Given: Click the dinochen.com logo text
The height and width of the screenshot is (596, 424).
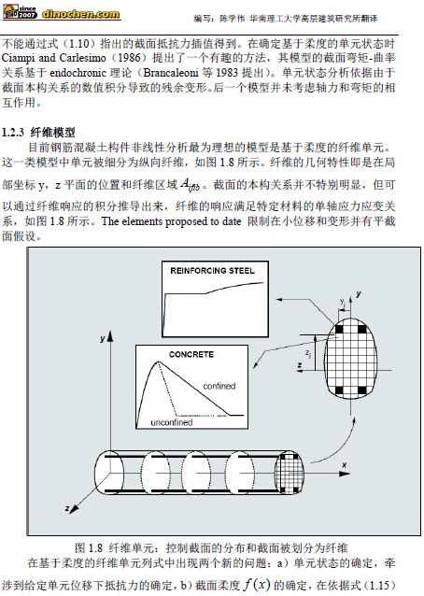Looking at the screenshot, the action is pos(81,14).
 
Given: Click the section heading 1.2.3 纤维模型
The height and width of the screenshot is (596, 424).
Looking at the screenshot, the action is pos(38,133).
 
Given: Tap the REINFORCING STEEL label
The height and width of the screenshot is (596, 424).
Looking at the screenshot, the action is pos(212,271).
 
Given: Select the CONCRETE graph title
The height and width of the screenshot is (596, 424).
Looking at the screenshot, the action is pos(191,354).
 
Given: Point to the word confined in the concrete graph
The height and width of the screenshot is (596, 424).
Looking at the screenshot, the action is pos(219,386).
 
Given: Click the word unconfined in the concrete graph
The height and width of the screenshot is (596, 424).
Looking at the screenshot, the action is pos(171,422).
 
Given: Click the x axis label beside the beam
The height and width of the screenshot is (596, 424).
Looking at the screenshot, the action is pos(345,465).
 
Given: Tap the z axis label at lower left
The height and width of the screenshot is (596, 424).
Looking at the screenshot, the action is pos(67,508).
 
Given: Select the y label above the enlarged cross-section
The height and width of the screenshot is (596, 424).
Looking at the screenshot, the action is pos(359,294).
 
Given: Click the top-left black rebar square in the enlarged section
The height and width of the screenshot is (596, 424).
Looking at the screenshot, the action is pos(338,329).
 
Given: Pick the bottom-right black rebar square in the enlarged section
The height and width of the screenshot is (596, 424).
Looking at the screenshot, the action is pos(362,390).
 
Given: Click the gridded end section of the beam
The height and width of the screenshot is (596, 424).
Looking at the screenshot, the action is pos(290,473).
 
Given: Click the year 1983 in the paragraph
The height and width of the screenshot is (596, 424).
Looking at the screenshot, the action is pos(227,72).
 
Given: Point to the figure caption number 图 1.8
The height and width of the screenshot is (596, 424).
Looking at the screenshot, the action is pos(89,547).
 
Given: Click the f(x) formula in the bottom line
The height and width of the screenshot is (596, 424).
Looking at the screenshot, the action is pos(257,584).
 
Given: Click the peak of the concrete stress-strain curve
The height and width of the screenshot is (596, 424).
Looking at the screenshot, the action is pos(157,362).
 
